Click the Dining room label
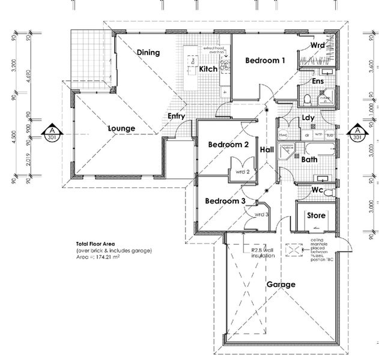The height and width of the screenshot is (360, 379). click(x=148, y=53)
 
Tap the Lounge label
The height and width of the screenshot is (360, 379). click(x=121, y=128)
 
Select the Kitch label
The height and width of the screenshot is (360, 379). click(x=208, y=70)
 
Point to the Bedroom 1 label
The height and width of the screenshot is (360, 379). click(x=264, y=61)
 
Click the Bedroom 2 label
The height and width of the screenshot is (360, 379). click(x=228, y=145)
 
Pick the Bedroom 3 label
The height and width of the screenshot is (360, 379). click(x=224, y=201)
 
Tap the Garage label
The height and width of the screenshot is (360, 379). click(x=280, y=284)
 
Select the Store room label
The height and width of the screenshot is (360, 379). click(x=316, y=215)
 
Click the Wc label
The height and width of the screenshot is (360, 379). click(x=318, y=190)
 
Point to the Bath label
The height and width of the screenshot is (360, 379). click(x=309, y=160)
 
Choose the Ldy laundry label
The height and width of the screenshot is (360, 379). click(x=309, y=118)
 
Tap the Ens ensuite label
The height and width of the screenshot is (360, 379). click(x=318, y=82)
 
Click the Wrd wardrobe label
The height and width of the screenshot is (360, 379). click(x=318, y=46)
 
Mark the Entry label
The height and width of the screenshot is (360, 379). click(x=176, y=116)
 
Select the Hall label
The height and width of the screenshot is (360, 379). click(x=267, y=149)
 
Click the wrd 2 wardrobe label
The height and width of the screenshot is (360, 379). click(x=243, y=172)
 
